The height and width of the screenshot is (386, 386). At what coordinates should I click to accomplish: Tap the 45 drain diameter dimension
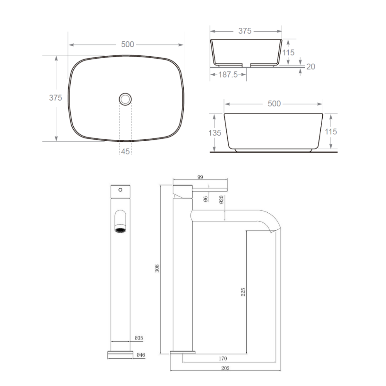(125, 151)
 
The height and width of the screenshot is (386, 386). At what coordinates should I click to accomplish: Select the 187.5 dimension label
(228, 74)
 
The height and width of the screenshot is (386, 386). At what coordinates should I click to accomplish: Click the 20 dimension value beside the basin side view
(311, 66)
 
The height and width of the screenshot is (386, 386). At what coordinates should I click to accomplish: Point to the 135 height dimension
(215, 133)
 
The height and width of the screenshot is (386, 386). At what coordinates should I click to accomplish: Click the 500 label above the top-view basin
(127, 44)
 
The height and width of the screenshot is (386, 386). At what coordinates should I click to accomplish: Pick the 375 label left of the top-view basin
(55, 98)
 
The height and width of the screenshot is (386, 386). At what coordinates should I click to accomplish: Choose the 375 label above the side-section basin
(245, 31)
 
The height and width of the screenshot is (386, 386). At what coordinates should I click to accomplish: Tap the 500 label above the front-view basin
(274, 103)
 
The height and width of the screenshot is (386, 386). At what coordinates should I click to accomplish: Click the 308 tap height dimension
(157, 268)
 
